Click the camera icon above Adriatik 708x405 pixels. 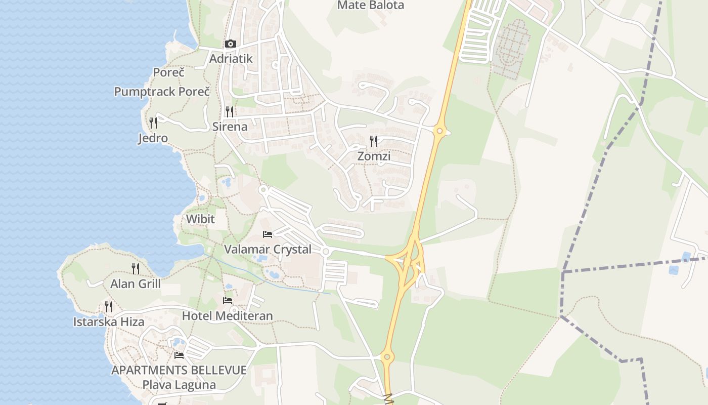[x=231, y=44]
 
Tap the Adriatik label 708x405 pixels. [x=231, y=59]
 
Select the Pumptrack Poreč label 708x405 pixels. [x=162, y=92]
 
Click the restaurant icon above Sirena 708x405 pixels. [x=230, y=111]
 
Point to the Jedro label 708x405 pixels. [x=153, y=138]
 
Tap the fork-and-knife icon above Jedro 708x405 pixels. [x=153, y=123]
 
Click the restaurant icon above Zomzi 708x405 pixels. [x=374, y=141]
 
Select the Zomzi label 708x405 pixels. [x=374, y=156]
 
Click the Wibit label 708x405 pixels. [x=200, y=219]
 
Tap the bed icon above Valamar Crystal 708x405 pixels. [x=268, y=234]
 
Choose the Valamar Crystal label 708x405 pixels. [x=268, y=250]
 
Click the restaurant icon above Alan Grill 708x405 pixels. [x=136, y=268]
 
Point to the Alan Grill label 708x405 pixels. [x=136, y=284]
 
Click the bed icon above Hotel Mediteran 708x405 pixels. [x=228, y=301]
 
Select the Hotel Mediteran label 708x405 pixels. [x=227, y=316]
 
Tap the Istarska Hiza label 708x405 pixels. [x=109, y=322]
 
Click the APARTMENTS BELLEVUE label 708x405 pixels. [x=179, y=370]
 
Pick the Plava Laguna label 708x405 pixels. [x=179, y=385]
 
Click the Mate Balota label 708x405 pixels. [x=371, y=6]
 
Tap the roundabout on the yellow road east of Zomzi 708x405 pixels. [x=439, y=131]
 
